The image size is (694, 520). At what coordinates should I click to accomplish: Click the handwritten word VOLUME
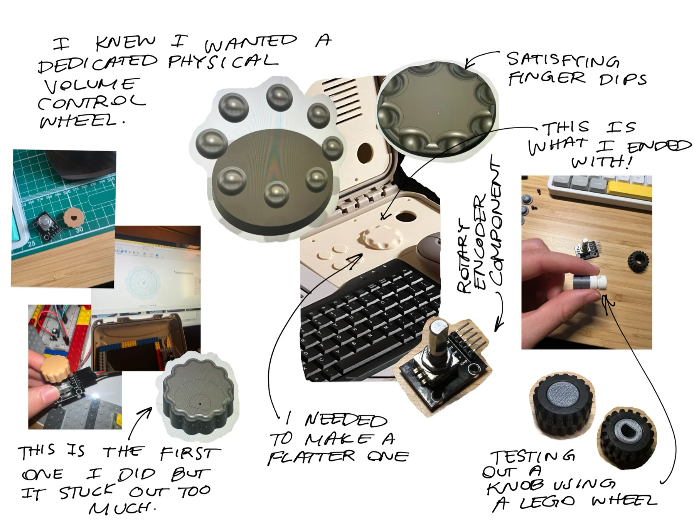click(91, 86)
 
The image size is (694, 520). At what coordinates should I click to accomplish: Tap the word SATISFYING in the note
click(563, 60)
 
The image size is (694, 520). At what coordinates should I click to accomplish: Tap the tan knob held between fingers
click(56, 369)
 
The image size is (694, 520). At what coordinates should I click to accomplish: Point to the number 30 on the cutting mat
click(79, 230)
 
